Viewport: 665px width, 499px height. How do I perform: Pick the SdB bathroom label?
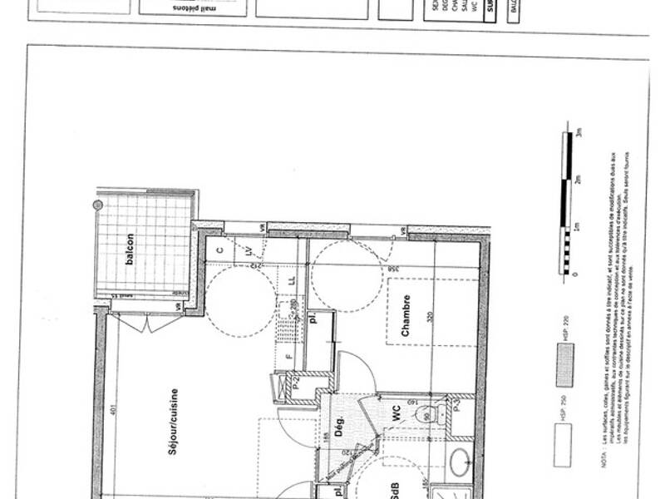coord(396,489)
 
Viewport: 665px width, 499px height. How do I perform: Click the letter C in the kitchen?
coord(219,249)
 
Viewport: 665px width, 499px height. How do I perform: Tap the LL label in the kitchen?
coord(291,281)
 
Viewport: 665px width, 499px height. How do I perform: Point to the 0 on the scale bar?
coord(579,274)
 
